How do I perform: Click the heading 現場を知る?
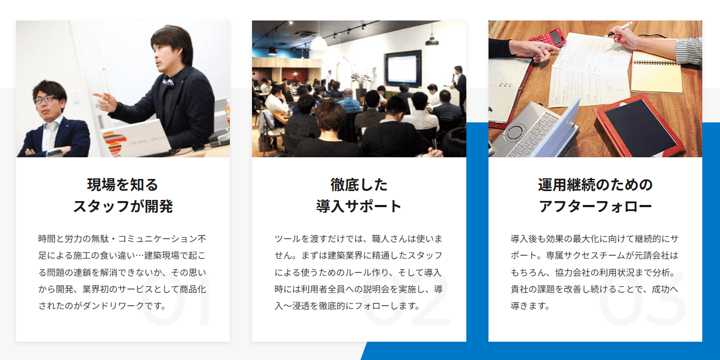pos(122,184)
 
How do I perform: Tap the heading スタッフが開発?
pos(122,207)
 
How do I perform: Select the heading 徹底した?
pos(359,184)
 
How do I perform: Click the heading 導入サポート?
pos(359,207)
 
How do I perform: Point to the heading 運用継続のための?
pos(595,184)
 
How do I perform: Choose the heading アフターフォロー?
pos(595,207)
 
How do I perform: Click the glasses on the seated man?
pos(45,100)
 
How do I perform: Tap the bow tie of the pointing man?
pos(168,83)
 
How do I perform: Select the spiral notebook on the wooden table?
pos(657,72)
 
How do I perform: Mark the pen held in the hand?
pos(619,30)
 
